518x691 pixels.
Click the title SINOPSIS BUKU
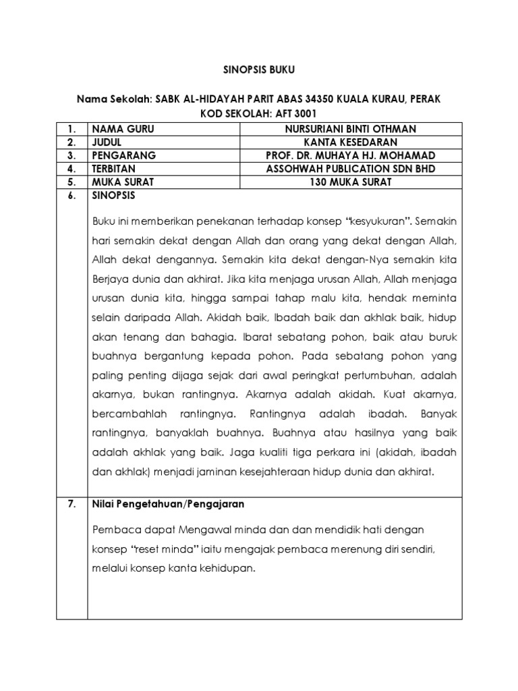tap(258, 69)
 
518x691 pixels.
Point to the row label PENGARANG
tap(123, 155)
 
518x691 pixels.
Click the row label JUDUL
tap(108, 142)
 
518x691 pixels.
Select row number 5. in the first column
tap(71, 182)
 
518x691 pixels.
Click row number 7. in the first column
tap(71, 504)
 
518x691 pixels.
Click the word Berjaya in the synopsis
tap(111, 278)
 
